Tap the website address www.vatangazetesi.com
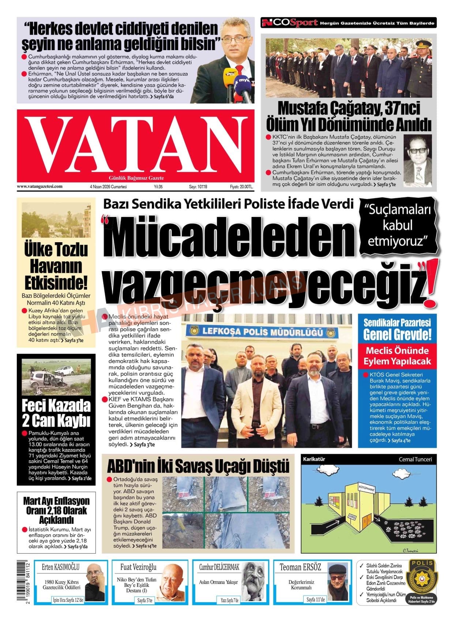(40, 187)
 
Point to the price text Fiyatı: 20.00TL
(241, 187)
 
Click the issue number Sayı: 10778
(198, 187)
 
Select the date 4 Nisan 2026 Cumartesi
(108, 187)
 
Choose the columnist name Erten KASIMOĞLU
(61, 567)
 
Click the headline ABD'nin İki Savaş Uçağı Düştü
(198, 466)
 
